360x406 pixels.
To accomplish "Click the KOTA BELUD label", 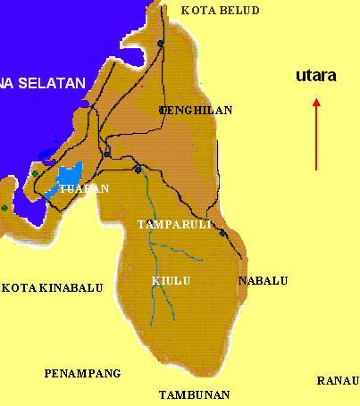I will [220, 11].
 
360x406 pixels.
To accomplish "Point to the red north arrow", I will [315, 134].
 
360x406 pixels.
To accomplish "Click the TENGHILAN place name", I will [196, 111].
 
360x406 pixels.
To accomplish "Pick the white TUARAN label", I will [83, 188].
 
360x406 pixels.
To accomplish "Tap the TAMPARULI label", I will [174, 224].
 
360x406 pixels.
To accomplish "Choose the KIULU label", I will [171, 280].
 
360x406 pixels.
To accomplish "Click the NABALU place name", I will [263, 280].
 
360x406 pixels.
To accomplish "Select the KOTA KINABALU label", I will [52, 288].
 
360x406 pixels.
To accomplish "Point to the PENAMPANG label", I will [81, 373].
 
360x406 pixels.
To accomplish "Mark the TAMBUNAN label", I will [194, 394].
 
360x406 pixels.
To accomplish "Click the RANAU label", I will [338, 381].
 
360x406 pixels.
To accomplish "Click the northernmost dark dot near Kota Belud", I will [161, 43].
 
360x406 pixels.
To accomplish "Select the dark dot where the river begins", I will [138, 169].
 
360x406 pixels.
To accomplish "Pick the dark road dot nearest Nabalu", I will [222, 232].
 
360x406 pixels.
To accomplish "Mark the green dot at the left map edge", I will [4, 208].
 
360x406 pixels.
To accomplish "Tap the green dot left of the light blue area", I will [35, 173].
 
